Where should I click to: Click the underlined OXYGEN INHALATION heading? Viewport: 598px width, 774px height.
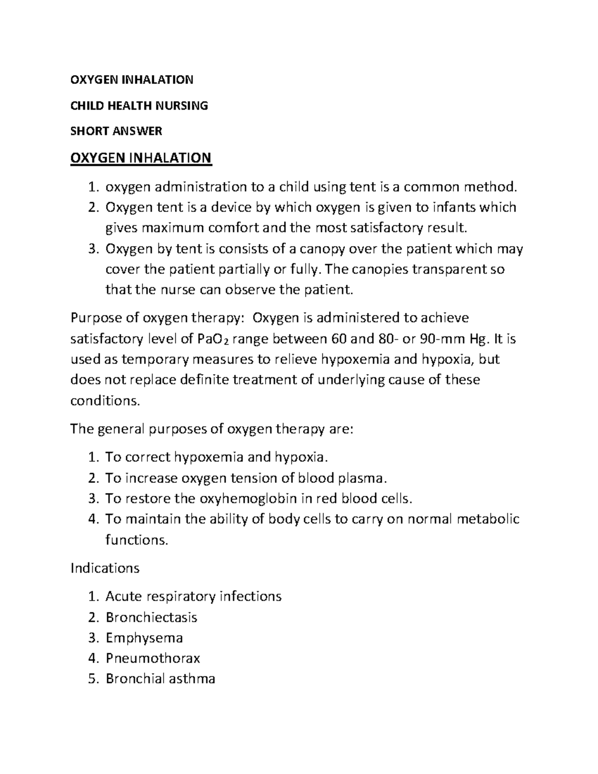[141, 158]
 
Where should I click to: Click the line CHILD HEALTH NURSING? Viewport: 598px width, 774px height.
[139, 105]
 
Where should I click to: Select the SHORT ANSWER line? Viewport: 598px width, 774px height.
[116, 131]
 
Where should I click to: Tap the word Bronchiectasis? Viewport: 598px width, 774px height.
[151, 618]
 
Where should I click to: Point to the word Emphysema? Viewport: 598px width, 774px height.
[144, 638]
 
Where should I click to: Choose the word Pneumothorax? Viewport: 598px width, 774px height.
[152, 658]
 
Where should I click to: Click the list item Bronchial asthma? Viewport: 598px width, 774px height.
[160, 679]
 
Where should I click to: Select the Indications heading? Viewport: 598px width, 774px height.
[105, 568]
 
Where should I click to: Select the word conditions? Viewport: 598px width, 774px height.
[106, 401]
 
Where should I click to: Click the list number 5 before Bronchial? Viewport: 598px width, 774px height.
[92, 679]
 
